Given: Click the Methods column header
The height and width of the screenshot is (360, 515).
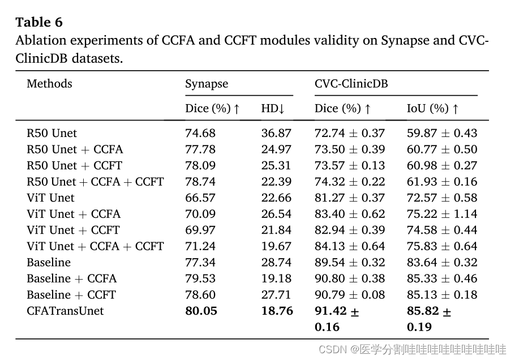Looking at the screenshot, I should [50, 84].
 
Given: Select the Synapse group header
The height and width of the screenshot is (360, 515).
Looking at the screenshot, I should [207, 84].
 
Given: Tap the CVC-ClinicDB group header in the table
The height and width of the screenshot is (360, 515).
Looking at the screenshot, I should [351, 84].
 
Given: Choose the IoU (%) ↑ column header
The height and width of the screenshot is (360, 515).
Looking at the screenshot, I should [433, 108].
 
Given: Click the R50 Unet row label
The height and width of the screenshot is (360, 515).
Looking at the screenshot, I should [51, 133].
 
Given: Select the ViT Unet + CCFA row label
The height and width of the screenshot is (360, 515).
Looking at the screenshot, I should [74, 214].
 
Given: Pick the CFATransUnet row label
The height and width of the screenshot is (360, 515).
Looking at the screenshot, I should [65, 311].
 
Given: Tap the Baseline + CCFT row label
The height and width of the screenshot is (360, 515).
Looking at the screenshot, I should [71, 295].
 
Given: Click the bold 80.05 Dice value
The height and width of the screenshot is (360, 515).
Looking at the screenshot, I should [201, 311].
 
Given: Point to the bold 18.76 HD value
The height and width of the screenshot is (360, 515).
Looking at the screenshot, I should [277, 311].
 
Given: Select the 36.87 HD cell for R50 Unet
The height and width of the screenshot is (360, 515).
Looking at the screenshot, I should [276, 133].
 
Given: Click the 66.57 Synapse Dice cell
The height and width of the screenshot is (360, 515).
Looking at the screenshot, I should [200, 198].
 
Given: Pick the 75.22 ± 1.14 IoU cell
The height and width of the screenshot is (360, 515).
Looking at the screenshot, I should [442, 214].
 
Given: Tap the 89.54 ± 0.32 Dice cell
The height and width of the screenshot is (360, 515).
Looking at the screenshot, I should [350, 263].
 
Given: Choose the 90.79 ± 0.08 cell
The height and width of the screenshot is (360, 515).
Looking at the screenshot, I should [350, 295].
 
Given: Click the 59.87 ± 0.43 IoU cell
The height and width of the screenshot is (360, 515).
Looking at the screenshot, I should [442, 133].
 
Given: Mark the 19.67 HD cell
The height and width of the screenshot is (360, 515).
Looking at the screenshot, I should [276, 246].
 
